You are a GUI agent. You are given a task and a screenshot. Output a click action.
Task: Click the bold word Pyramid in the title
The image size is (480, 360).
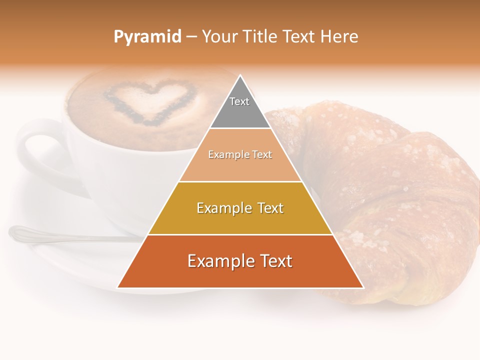point(147,37)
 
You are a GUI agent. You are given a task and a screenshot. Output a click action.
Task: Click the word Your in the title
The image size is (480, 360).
point(220,37)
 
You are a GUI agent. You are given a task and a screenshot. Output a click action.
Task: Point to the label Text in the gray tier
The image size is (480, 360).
point(239,101)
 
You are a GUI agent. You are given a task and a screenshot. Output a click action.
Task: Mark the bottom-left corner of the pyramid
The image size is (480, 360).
point(118,287)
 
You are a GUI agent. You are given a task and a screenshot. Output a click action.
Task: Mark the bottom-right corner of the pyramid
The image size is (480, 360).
point(362,287)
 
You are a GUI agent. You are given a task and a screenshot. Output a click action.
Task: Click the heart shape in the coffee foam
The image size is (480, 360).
point(149,102)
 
